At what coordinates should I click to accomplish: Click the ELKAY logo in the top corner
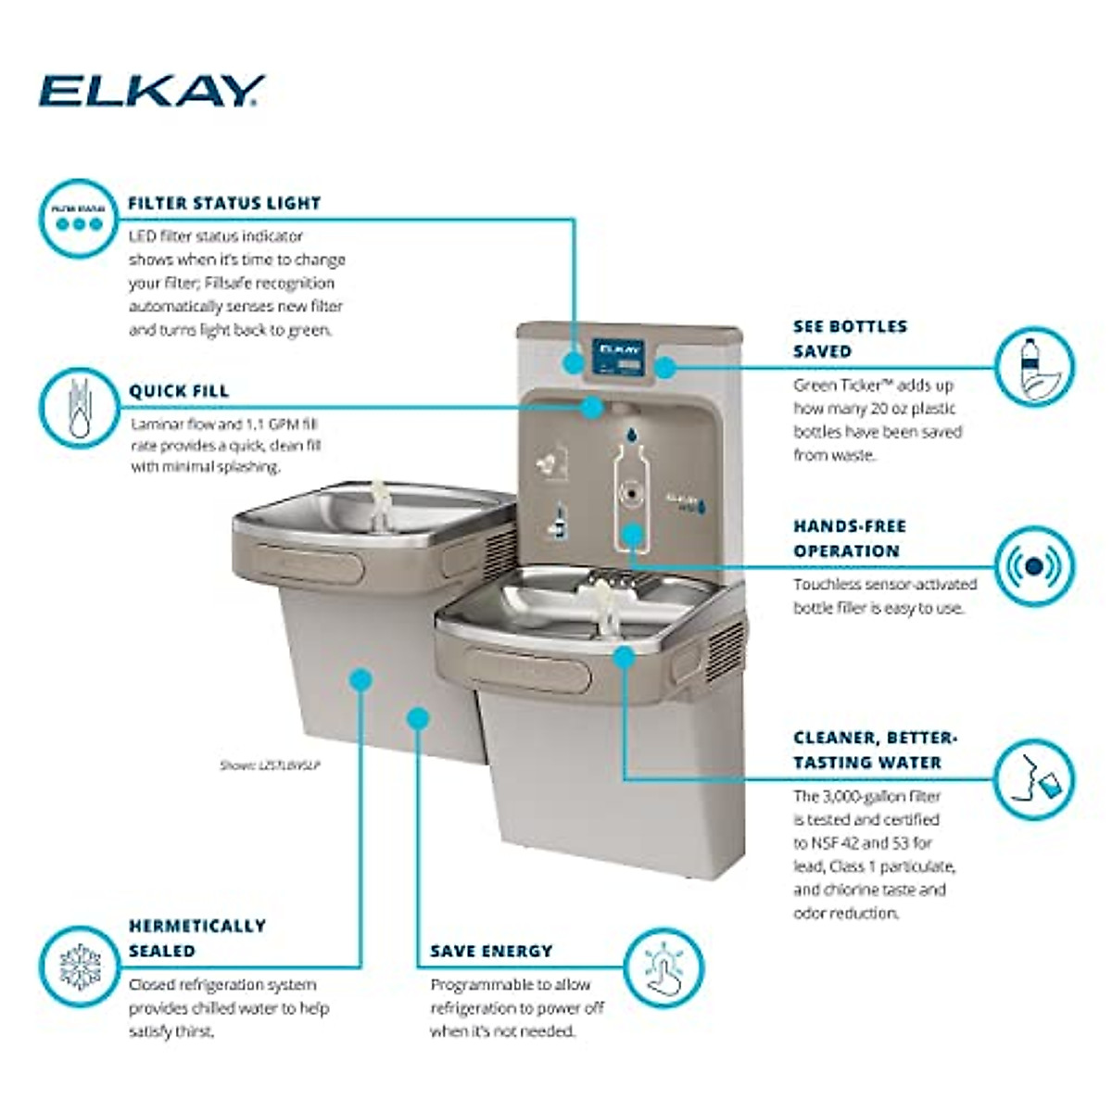pyautogui.click(x=151, y=91)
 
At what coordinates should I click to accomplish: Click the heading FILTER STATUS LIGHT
pyautogui.click(x=224, y=203)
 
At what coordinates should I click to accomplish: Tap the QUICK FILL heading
pyautogui.click(x=178, y=391)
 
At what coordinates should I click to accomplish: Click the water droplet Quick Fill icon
pyautogui.click(x=78, y=409)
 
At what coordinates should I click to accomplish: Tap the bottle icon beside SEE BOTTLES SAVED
pyautogui.click(x=1034, y=367)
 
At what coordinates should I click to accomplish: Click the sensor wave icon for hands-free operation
pyautogui.click(x=1034, y=565)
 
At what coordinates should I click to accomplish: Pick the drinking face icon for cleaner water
pyautogui.click(x=1034, y=779)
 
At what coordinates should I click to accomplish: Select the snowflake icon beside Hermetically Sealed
pyautogui.click(x=78, y=967)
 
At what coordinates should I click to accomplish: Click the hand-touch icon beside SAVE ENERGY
pyautogui.click(x=663, y=967)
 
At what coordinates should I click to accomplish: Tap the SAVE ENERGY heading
pyautogui.click(x=491, y=952)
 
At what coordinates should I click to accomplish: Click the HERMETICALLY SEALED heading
pyautogui.click(x=196, y=938)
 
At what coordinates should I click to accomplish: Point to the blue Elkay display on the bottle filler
pyautogui.click(x=618, y=359)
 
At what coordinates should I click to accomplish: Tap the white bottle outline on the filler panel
pyautogui.click(x=631, y=490)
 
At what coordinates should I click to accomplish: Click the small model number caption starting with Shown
pyautogui.click(x=270, y=766)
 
